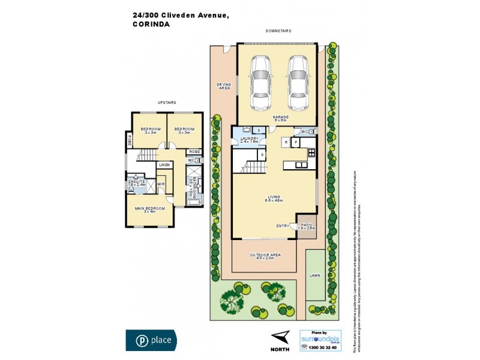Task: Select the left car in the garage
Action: click(x=261, y=83)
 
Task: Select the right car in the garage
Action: click(x=296, y=83)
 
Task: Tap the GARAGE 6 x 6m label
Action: click(x=281, y=119)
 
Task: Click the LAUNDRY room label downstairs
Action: click(x=250, y=140)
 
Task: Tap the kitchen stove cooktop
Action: click(x=311, y=153)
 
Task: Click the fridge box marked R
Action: click(x=286, y=142)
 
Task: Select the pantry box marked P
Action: click(x=296, y=142)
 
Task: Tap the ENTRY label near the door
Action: click(x=282, y=226)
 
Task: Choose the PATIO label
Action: click(x=307, y=226)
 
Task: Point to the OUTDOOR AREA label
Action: click(x=265, y=257)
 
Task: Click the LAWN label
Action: click(x=315, y=275)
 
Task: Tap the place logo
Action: click(x=151, y=340)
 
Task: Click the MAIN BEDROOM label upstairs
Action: click(x=145, y=209)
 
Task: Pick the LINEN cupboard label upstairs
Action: click(x=164, y=165)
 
